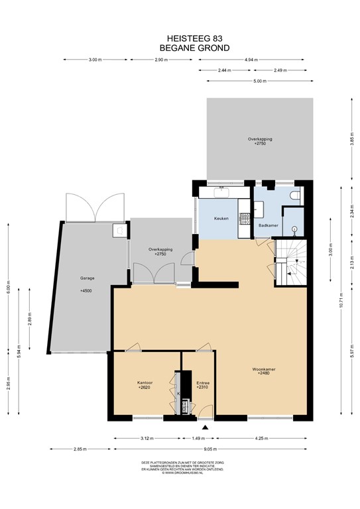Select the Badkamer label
[x=267, y=225]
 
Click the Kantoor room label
[x=145, y=383]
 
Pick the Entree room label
[x=203, y=383]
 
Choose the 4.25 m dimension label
[x=261, y=438]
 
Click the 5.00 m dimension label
[x=259, y=82]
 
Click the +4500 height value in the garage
[x=87, y=291]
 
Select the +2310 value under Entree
[x=203, y=388]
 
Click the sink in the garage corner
[x=119, y=230]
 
